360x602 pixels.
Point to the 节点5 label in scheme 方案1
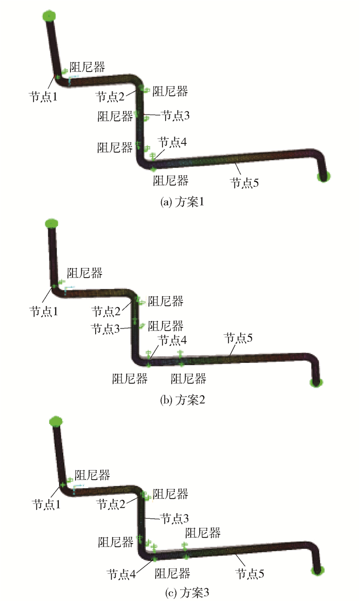[244, 183]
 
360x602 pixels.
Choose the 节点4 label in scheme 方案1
[172, 142]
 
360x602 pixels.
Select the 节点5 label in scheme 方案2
[238, 338]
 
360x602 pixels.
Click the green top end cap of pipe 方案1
[49, 16]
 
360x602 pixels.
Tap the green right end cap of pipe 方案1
[323, 177]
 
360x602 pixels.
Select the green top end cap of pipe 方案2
[51, 223]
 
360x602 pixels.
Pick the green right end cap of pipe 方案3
[318, 570]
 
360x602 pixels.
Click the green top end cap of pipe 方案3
[56, 422]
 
